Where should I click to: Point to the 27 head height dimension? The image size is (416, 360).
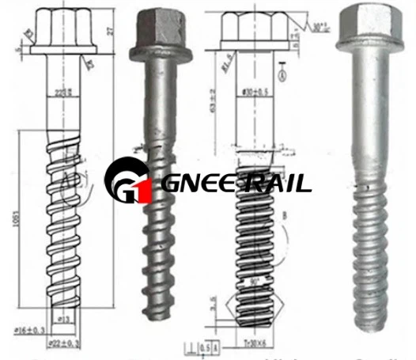pyautogui.click(x=107, y=31)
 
